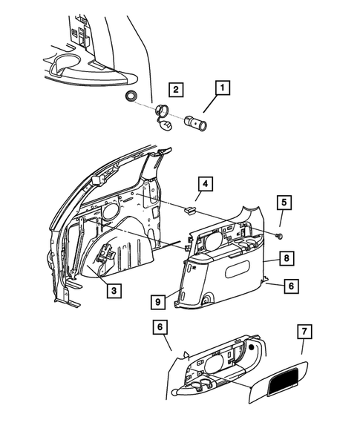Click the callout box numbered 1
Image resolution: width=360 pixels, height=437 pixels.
pos(220,88)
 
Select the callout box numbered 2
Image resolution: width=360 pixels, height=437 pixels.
pos(175,91)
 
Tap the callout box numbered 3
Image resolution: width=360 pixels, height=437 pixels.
pos(113,291)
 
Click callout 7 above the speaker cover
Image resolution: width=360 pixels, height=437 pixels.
pos(302,331)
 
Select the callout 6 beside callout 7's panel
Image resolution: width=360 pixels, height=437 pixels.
pos(160,326)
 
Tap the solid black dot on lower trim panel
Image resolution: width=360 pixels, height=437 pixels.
pos(253,347)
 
